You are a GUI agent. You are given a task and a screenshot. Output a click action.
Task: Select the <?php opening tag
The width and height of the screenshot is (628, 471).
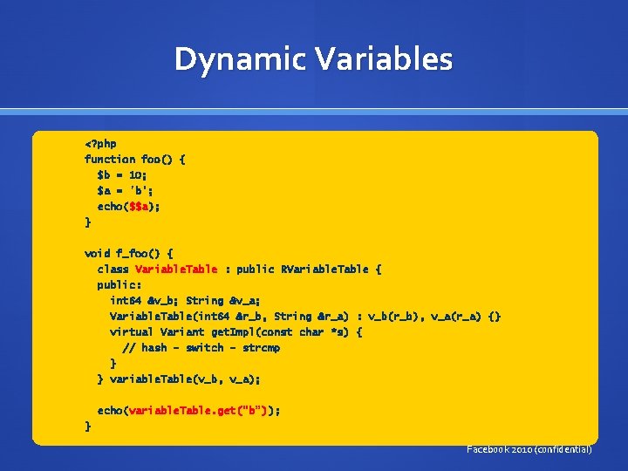click(x=100, y=143)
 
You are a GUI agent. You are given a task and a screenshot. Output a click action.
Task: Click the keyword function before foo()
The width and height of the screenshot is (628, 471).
click(x=109, y=159)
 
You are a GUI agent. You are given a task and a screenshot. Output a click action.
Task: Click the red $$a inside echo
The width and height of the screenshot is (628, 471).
click(x=140, y=206)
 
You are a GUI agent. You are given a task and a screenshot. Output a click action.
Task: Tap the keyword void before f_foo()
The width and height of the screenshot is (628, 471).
click(x=97, y=253)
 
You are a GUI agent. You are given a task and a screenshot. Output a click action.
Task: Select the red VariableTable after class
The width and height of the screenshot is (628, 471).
click(x=176, y=269)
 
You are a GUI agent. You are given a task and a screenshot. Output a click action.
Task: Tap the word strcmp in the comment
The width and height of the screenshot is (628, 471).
click(x=261, y=347)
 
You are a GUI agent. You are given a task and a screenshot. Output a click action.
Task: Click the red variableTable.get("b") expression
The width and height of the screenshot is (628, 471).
click(x=201, y=410)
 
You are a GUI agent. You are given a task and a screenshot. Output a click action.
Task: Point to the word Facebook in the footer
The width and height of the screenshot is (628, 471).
click(x=491, y=449)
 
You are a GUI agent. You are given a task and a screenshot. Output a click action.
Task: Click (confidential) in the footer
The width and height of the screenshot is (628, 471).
click(x=563, y=449)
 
